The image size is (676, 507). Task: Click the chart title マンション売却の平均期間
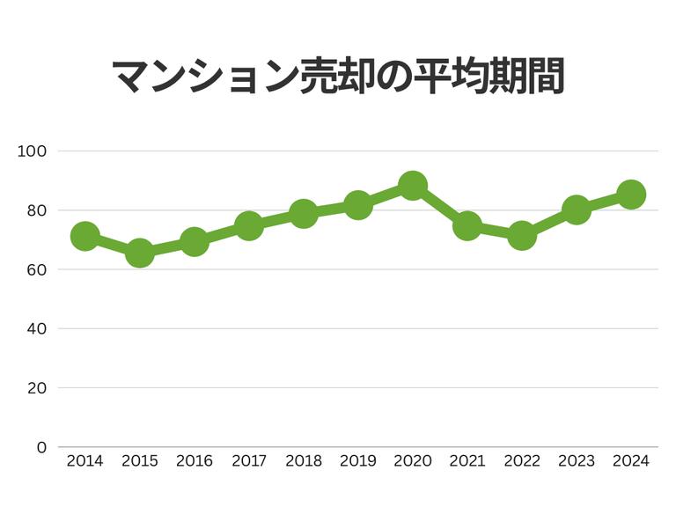tap(338, 77)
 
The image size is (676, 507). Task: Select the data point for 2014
tap(84, 236)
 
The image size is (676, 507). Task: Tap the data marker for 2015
tap(139, 253)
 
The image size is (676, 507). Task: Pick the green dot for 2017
tap(249, 226)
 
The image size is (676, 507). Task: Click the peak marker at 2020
tap(412, 186)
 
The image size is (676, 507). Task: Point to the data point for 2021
tap(467, 226)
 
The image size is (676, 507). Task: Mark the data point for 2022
tap(522, 236)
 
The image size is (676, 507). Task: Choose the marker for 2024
tap(631, 195)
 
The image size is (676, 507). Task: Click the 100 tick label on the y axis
tap(32, 151)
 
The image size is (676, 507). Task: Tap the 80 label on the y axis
tap(36, 210)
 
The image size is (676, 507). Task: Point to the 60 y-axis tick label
tap(36, 269)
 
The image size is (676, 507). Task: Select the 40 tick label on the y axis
tap(36, 329)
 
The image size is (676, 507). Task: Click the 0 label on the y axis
tap(40, 447)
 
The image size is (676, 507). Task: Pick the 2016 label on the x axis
tap(194, 461)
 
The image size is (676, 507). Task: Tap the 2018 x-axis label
tap(303, 461)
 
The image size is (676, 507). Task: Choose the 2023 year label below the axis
tap(577, 461)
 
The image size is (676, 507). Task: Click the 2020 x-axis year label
tap(412, 461)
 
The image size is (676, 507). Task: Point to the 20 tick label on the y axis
tap(36, 388)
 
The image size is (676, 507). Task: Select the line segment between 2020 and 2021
tap(440, 206)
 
